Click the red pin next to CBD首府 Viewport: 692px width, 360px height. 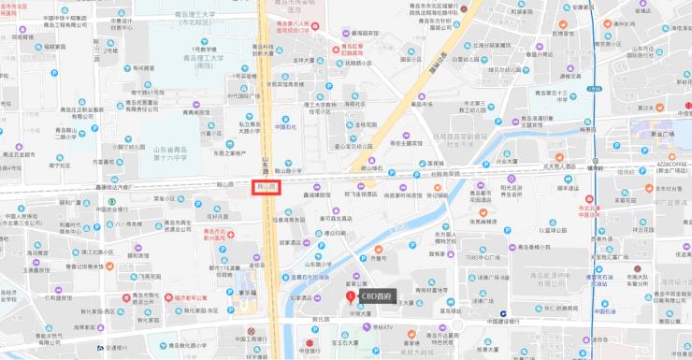(351, 296)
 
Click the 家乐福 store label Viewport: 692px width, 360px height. (248, 293)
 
